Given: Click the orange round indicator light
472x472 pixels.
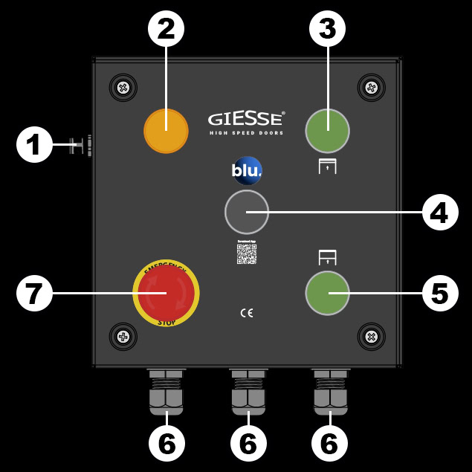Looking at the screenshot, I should pos(166,131).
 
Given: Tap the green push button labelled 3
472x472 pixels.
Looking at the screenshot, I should pos(327,130).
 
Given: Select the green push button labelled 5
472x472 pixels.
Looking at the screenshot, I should pos(327,292).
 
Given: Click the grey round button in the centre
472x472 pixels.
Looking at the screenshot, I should pos(246,212).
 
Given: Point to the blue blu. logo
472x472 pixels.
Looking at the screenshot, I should pos(246,171).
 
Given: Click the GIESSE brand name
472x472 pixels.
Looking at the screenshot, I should pos(245,119).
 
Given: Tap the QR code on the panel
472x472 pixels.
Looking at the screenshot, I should pos(247,253).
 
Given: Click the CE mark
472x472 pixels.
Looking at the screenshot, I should pos(247,313).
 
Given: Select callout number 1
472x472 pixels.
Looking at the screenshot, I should pos(34,145).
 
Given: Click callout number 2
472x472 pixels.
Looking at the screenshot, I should pos(166,30).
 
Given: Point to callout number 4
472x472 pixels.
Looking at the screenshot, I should pos(439,213).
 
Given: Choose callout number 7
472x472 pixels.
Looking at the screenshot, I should pos(34,293).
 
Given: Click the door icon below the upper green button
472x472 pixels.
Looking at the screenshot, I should pos(327,167).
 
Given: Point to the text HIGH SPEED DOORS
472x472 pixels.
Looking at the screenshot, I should pos(245,133).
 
